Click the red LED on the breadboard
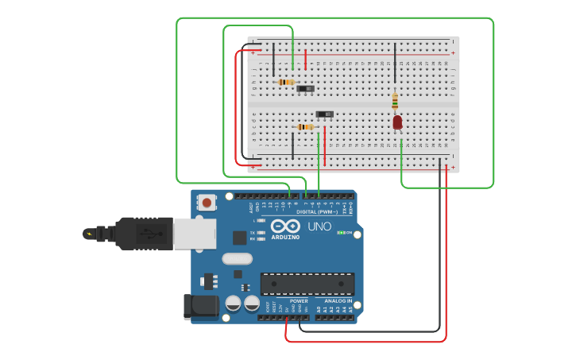[x=397, y=122]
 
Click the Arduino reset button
[x=207, y=202]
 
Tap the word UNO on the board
[x=319, y=227]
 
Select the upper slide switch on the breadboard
[x=305, y=88]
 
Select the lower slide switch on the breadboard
[x=324, y=114]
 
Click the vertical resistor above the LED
[x=395, y=101]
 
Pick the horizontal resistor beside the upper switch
[x=286, y=82]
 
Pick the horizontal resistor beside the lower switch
[x=305, y=126]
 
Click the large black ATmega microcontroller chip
[x=307, y=284]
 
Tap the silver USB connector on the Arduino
[x=195, y=234]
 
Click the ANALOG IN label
[x=338, y=301]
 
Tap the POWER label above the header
[x=299, y=301]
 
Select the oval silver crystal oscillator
[x=237, y=258]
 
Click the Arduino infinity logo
[x=284, y=226]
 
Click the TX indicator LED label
[x=253, y=232]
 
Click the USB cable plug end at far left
[x=90, y=234]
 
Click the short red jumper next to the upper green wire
[x=305, y=59]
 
